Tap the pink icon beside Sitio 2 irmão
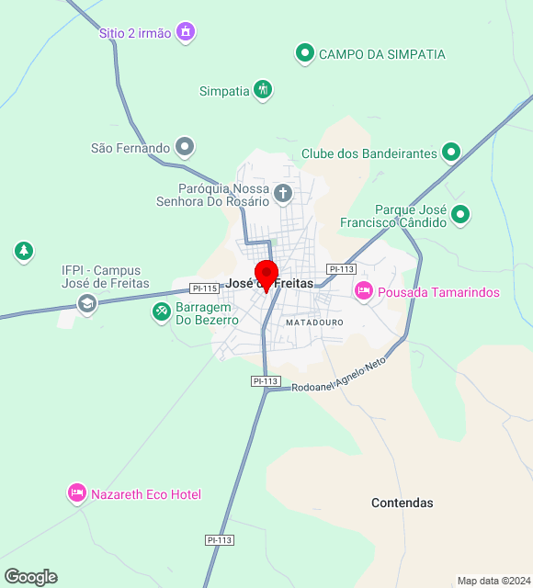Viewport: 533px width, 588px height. [187, 32]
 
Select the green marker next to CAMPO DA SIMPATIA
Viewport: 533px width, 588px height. [304, 54]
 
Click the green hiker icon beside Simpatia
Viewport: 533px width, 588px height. [263, 90]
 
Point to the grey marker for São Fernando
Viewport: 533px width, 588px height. [186, 147]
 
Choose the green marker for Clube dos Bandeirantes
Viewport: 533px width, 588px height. [451, 153]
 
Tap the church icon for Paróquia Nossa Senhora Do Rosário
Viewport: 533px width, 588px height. [284, 194]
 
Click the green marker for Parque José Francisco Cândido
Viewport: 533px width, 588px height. [460, 215]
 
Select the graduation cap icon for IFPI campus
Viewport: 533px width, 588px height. [87, 303]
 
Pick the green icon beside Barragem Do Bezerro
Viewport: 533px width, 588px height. [162, 313]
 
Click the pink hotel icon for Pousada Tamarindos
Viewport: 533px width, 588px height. [364, 291]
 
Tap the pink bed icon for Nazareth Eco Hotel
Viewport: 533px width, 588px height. [77, 493]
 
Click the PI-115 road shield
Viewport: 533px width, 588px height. [205, 288]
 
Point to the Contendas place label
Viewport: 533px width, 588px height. [402, 503]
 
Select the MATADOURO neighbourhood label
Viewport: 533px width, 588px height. [314, 323]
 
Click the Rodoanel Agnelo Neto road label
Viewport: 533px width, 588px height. [338, 377]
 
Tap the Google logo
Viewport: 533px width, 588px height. [31, 576]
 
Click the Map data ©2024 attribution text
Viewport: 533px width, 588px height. [493, 581]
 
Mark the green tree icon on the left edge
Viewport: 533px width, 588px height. [24, 250]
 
